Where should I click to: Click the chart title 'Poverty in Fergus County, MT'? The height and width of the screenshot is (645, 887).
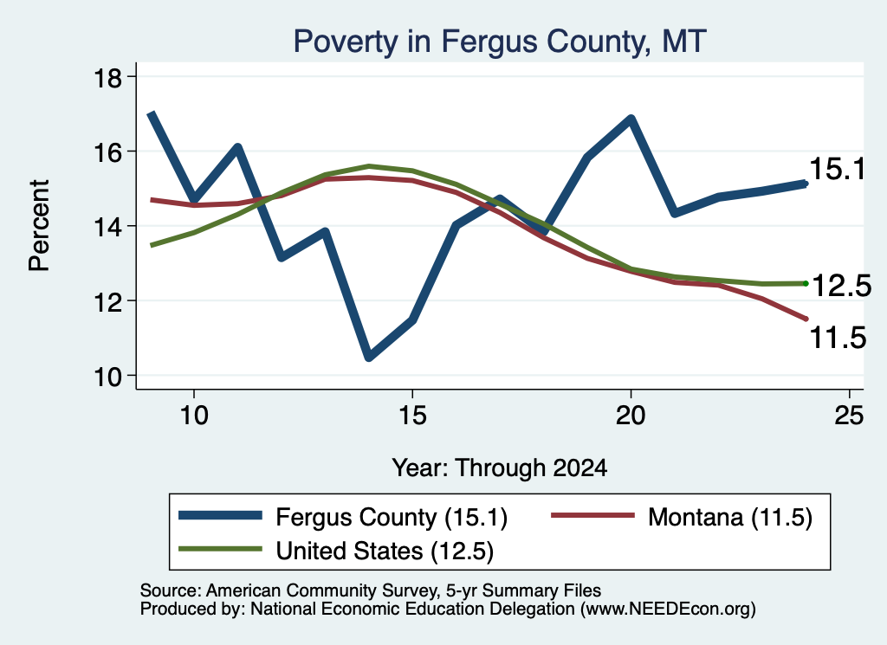click(x=500, y=42)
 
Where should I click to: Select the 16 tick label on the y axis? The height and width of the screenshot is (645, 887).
click(x=107, y=152)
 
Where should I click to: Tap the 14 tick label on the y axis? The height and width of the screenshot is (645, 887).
click(x=107, y=227)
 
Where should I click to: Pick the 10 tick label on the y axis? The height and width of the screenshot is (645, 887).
click(x=107, y=377)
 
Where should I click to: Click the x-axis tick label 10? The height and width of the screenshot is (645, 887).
click(x=194, y=416)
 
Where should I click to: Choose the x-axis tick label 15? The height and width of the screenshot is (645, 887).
click(x=412, y=416)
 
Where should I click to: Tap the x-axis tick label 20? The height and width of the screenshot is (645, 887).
click(x=631, y=416)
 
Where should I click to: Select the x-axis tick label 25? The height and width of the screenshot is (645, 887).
click(x=849, y=416)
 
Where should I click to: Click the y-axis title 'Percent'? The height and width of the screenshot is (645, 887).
click(x=40, y=226)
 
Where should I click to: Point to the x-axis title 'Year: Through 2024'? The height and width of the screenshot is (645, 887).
click(x=500, y=468)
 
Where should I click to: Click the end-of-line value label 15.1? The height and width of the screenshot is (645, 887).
click(x=838, y=169)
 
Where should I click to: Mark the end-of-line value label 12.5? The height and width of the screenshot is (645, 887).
click(x=841, y=286)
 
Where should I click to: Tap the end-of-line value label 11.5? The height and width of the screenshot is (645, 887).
click(x=838, y=338)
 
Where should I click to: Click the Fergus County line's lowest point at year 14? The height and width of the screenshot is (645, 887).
click(x=369, y=357)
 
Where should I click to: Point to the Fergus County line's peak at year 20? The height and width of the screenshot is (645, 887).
click(x=631, y=119)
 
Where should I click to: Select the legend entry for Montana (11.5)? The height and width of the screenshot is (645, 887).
click(x=682, y=517)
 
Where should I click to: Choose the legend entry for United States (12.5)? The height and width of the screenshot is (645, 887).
click(x=336, y=551)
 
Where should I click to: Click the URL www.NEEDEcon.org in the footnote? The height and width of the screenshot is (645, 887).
click(x=668, y=609)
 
